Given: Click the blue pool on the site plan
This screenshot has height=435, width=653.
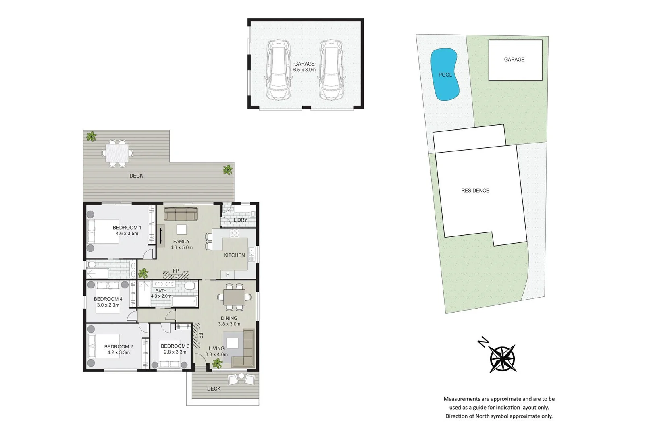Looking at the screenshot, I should (445, 75).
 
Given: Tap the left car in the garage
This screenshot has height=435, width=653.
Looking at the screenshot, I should (278, 70).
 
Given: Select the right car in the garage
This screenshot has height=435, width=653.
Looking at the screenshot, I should (331, 70).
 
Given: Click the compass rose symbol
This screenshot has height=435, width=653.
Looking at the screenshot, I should (503, 358).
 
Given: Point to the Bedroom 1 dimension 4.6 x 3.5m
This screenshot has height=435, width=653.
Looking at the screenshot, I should (127, 234).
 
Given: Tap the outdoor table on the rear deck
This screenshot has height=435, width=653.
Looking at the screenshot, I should (117, 153).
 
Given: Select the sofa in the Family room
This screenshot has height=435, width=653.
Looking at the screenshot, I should (181, 214).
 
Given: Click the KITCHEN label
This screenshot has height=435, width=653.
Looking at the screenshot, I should (234, 255).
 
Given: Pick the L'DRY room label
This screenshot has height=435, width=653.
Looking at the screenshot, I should (240, 220).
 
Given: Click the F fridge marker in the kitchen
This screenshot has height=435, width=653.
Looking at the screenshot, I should (227, 275).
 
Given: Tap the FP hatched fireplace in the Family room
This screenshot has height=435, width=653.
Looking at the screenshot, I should (176, 275).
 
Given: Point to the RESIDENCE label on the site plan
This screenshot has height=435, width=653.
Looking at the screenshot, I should (475, 191).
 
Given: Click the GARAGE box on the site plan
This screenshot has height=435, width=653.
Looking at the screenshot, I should (515, 60).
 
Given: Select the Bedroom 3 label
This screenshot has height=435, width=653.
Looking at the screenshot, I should (175, 346).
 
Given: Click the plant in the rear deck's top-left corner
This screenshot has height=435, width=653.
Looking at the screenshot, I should (92, 137).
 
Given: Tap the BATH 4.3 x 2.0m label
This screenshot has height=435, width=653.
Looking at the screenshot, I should (161, 294).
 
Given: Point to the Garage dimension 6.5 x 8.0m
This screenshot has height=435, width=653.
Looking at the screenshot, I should (304, 70).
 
